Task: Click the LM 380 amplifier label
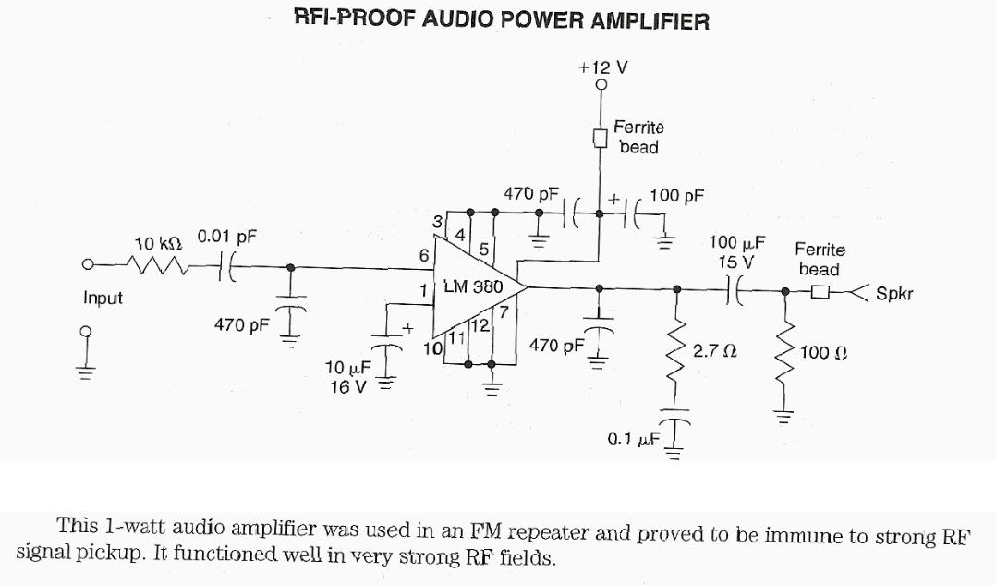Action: point(473,286)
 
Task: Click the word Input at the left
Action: point(103,299)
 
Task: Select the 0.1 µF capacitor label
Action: point(633,438)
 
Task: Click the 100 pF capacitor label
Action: point(677,196)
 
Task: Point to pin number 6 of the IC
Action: point(423,255)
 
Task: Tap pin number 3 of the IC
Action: point(436,221)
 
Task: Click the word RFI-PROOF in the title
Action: point(352,18)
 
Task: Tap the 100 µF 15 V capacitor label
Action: point(736,251)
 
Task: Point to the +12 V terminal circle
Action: point(601,86)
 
